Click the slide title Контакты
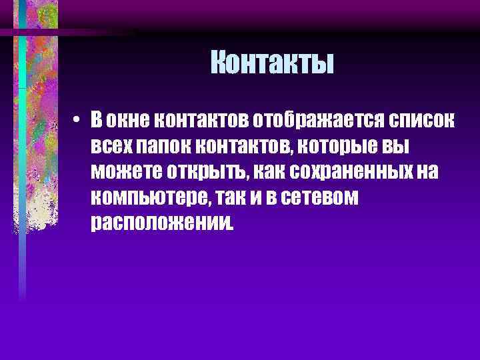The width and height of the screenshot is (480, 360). coord(272,64)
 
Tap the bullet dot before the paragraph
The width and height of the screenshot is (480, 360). coord(97,121)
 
